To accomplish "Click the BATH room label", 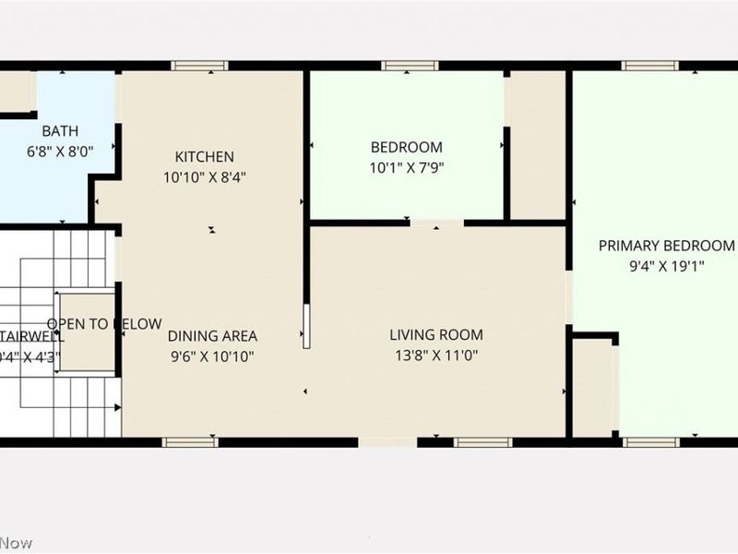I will tap(60, 131).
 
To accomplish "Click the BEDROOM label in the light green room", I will tap(406, 147).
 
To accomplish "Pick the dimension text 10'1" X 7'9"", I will tap(406, 167).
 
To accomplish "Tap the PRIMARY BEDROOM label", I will tap(667, 246).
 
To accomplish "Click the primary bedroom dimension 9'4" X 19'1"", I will tap(667, 265).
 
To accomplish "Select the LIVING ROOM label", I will tap(435, 335).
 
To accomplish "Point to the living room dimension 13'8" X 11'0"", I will tap(435, 355).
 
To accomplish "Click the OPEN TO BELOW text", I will tap(103, 324).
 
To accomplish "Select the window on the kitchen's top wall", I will tap(199, 66).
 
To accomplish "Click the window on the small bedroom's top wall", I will tap(410, 66).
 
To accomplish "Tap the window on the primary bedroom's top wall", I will tap(649, 66).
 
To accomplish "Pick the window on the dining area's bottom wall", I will tap(190, 442).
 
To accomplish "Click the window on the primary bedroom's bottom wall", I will tap(650, 442).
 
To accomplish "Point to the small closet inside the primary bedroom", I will tap(592, 388).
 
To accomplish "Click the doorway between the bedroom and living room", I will tap(437, 223).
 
